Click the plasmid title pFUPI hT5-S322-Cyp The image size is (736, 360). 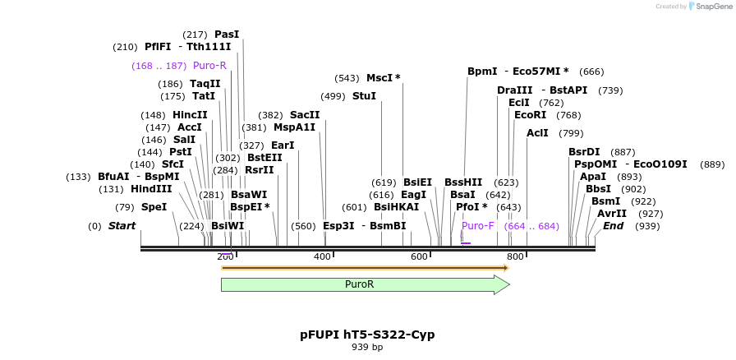point(367,335)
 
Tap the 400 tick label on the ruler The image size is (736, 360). point(322,256)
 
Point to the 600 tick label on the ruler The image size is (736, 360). point(419,256)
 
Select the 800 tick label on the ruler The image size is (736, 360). point(515,256)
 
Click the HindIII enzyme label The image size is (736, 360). point(151,188)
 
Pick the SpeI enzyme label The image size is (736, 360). point(154,207)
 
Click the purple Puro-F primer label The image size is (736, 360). point(477,225)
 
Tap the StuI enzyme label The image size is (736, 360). point(364,96)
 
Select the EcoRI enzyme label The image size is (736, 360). point(530,115)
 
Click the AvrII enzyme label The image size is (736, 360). point(611,214)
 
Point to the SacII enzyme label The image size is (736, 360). point(305,115)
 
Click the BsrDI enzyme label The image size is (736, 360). point(584,152)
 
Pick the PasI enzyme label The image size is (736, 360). point(227,35)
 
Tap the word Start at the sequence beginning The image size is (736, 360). point(122,225)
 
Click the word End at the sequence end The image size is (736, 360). point(613,225)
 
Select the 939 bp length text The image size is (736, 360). point(367,348)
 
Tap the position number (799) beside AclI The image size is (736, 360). point(571,133)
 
